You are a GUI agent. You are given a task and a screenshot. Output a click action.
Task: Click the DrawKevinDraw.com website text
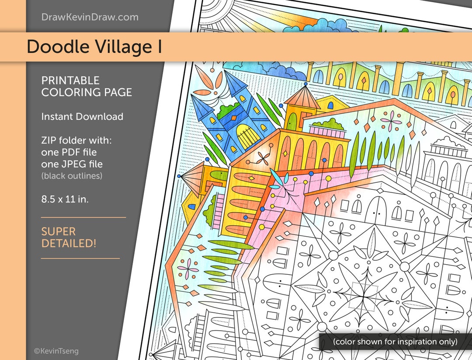[x=90, y=17]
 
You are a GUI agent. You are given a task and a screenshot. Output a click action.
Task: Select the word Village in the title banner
[x=122, y=47]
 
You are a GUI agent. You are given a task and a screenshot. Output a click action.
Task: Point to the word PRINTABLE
[x=70, y=80]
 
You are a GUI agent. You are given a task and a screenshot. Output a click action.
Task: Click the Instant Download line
[x=82, y=117]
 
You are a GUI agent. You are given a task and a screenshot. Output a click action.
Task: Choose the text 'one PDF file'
[x=69, y=153]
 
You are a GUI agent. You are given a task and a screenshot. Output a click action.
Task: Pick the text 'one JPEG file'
[x=72, y=164]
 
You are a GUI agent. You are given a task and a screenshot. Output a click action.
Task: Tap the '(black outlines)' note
[x=72, y=175]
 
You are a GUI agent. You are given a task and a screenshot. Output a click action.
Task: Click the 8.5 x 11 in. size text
[x=65, y=199]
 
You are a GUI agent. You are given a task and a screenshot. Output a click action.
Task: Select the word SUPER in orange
[x=59, y=231]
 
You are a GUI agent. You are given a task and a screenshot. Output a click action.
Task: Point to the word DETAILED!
[x=69, y=244]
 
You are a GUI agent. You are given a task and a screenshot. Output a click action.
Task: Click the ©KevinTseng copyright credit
[x=56, y=351]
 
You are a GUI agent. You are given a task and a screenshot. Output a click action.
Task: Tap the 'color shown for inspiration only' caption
[x=395, y=342]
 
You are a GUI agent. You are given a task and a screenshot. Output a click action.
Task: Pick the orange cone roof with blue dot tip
[x=302, y=97]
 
